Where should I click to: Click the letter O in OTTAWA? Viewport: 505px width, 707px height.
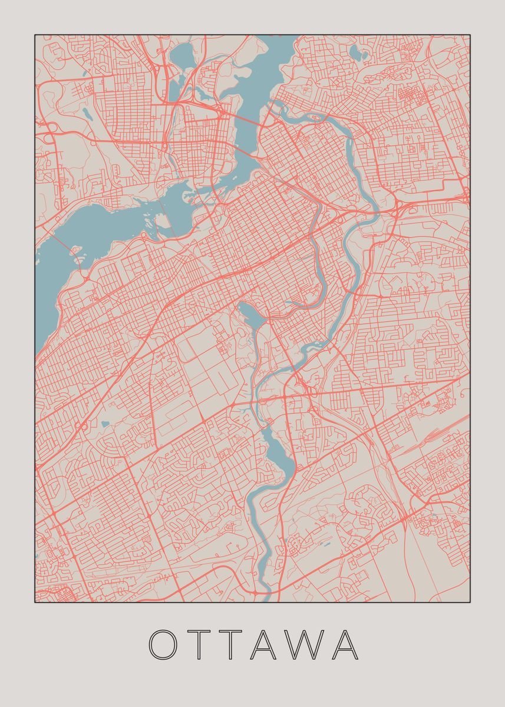pyautogui.click(x=164, y=645)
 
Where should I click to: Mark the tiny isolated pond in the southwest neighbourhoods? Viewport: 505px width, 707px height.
pyautogui.click(x=104, y=424)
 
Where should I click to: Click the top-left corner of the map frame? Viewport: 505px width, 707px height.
pyautogui.click(x=35, y=35)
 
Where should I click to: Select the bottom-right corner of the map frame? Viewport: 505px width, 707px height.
pyautogui.click(x=470, y=602)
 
